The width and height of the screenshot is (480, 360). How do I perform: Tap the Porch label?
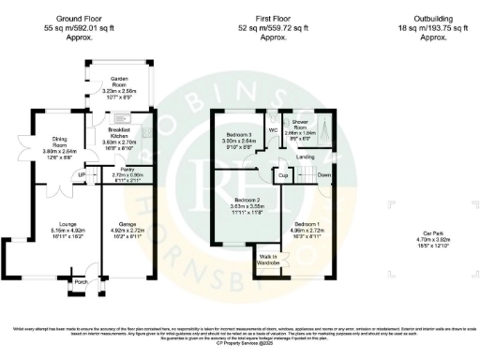[80, 281]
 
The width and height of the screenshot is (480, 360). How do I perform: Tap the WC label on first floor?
[272, 129]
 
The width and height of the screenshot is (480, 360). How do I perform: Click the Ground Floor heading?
[80, 18]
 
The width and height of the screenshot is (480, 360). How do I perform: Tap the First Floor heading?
[272, 18]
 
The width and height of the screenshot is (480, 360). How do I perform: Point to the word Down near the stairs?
[324, 175]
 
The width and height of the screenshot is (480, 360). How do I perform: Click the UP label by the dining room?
[82, 175]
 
